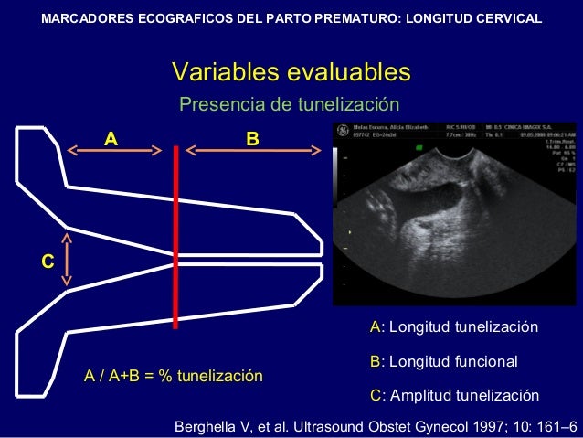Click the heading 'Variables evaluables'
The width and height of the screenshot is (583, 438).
click(x=291, y=72)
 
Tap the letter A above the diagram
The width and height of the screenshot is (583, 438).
click(x=111, y=139)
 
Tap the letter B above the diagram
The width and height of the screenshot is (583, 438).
click(x=252, y=139)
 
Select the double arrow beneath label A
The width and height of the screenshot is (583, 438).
click(x=114, y=151)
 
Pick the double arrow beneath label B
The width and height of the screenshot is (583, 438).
click(x=250, y=151)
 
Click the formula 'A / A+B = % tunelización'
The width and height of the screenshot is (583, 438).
click(x=173, y=376)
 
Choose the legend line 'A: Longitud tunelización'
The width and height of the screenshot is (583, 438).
click(x=453, y=327)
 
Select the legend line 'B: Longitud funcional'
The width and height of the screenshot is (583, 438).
click(x=443, y=362)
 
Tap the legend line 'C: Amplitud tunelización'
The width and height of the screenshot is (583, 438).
click(x=453, y=396)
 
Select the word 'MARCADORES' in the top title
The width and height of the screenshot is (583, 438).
click(x=88, y=17)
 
